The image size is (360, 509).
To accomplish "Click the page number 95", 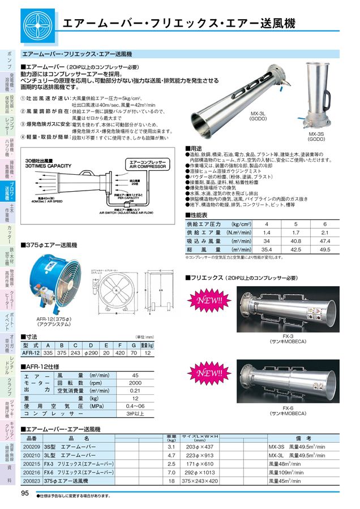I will coord(25,493).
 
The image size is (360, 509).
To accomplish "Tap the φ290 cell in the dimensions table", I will coord(91,352).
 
